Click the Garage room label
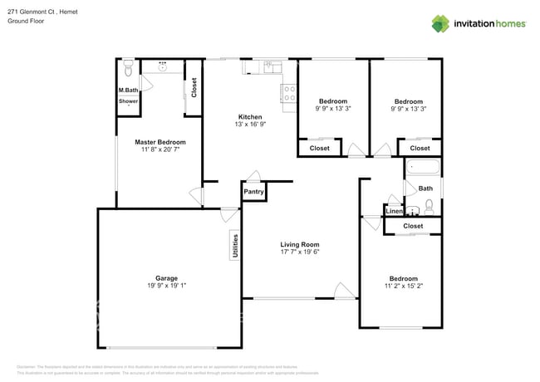[166, 278]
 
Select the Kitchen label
[250, 117]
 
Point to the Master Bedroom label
[160, 142]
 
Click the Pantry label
[254, 192]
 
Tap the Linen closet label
[394, 212]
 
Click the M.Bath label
[128, 90]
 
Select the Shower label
[128, 101]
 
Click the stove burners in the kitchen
[290, 95]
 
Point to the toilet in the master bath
[128, 66]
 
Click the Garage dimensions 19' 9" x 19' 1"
[166, 286]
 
